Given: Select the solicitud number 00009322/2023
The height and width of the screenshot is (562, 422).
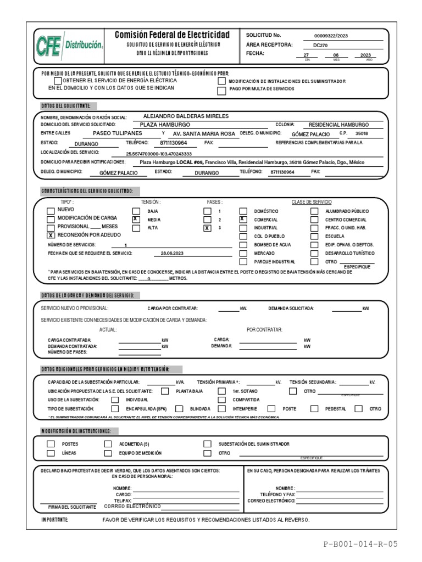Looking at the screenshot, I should click(x=330, y=36).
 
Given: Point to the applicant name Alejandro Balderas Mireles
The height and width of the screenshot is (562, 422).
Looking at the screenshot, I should click(x=185, y=116).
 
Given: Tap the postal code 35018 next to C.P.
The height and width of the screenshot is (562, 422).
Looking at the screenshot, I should click(x=362, y=133).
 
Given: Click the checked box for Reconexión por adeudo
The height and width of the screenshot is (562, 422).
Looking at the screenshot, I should click(x=51, y=235).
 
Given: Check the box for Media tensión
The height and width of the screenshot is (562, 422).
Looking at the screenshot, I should click(x=136, y=219).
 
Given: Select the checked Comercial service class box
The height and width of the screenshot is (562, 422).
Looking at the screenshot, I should click(x=243, y=219).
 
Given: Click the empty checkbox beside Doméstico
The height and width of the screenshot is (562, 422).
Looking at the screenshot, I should click(x=243, y=211).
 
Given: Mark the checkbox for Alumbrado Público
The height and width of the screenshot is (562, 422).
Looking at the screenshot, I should click(x=314, y=211).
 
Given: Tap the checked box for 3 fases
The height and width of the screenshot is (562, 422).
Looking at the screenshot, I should click(x=207, y=228).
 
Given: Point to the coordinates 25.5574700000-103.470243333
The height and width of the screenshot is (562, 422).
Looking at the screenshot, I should click(x=159, y=154).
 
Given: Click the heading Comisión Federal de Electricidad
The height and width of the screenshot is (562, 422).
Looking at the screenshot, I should click(x=173, y=35).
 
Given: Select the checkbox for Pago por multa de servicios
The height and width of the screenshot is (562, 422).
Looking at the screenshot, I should click(x=221, y=91).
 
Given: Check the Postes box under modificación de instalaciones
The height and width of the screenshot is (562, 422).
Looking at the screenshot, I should click(x=51, y=443).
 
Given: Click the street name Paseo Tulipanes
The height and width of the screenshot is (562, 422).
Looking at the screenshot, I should click(x=117, y=133).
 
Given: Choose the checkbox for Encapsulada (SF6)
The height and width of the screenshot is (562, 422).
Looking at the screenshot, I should click(x=115, y=409).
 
